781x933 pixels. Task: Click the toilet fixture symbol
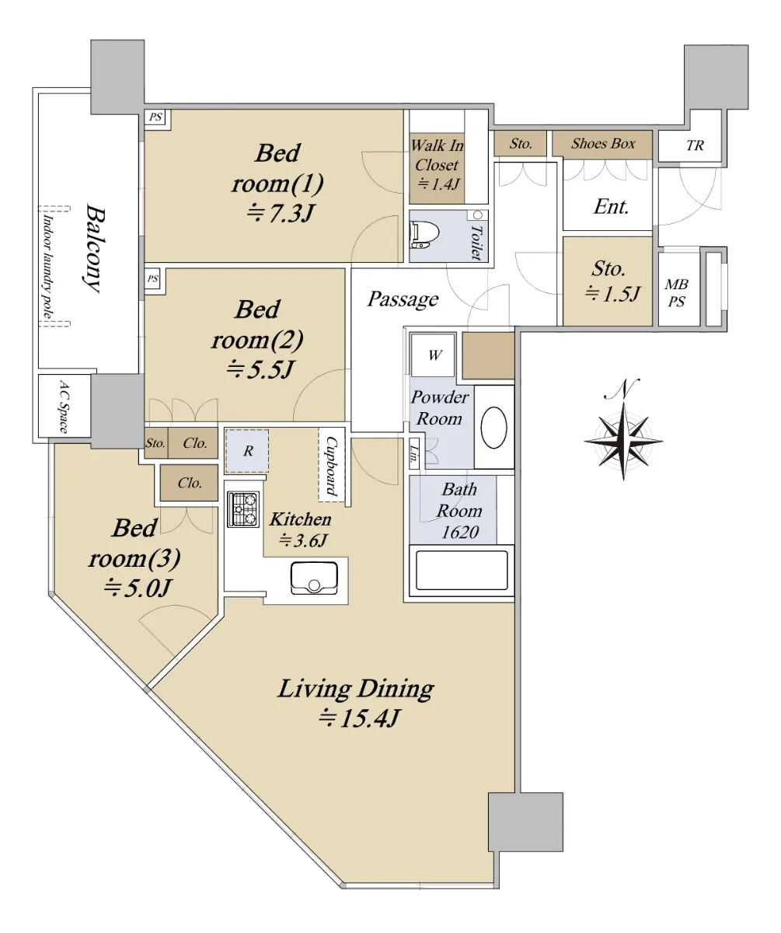(424, 234)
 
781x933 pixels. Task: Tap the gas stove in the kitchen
(243, 509)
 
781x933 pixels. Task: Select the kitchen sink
(314, 578)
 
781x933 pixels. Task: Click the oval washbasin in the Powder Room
(493, 427)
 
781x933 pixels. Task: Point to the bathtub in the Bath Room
(462, 570)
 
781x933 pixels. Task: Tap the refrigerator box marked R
(247, 451)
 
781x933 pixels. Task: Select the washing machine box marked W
(433, 355)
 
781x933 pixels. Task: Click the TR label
(695, 145)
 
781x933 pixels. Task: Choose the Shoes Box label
(603, 143)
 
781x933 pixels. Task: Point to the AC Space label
(65, 407)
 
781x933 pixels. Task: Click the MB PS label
(676, 292)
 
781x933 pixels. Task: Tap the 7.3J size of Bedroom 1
(281, 213)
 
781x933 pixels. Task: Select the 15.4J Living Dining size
(358, 718)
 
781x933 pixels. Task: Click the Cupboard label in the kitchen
(331, 466)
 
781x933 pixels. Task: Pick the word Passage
(403, 299)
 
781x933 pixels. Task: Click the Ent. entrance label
(611, 207)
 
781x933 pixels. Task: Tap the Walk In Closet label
(437, 155)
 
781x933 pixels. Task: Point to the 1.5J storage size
(612, 294)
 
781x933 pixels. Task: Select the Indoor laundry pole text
(47, 267)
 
